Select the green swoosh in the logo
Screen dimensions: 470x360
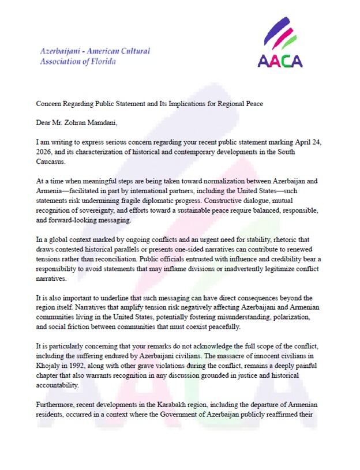pyautogui.click(x=289, y=42)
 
